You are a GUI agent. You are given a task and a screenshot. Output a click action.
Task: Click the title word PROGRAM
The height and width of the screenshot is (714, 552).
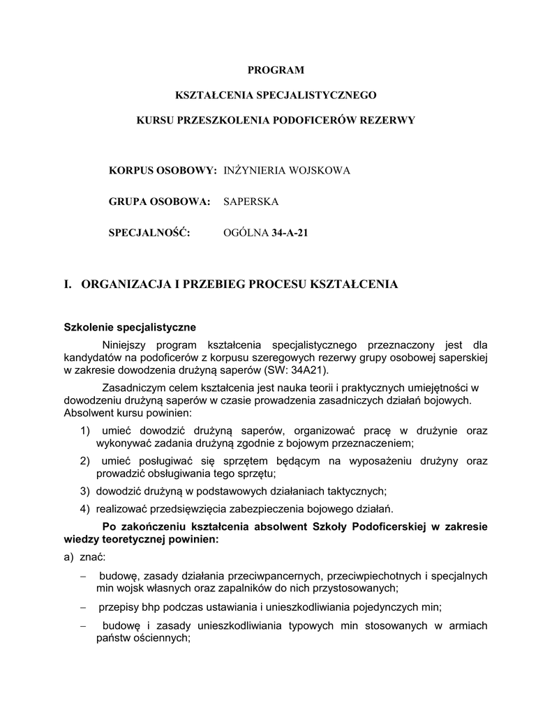click(276, 70)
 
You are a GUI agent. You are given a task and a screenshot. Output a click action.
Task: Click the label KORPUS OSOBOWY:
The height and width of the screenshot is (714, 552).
click(163, 170)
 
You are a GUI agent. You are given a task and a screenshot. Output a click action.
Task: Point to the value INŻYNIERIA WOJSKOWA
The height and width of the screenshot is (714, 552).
click(287, 170)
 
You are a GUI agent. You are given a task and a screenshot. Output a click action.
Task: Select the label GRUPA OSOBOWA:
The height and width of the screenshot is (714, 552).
click(160, 202)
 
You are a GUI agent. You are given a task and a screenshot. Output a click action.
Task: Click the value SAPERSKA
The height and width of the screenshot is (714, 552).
click(251, 202)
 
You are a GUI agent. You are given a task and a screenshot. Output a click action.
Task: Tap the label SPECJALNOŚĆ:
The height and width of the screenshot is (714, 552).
click(149, 233)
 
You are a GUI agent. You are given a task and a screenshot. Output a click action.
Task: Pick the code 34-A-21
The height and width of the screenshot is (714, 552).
click(289, 233)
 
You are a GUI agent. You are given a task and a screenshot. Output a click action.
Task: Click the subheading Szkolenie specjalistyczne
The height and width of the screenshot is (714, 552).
click(130, 326)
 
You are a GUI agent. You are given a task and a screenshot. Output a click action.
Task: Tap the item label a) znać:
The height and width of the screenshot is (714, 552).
click(84, 558)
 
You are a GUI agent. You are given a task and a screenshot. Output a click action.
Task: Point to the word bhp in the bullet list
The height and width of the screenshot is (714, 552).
click(156, 606)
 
